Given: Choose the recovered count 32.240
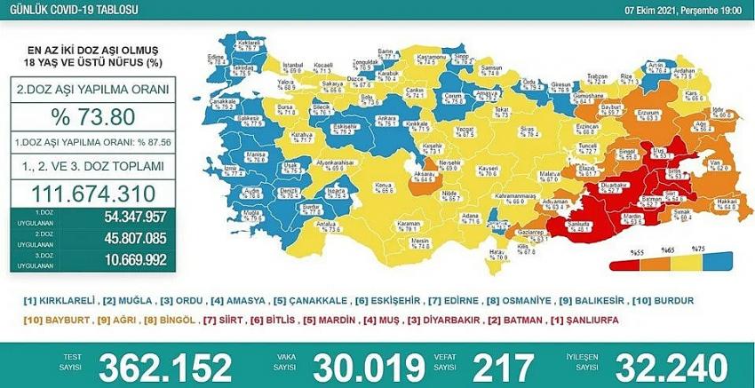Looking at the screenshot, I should (674, 366).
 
